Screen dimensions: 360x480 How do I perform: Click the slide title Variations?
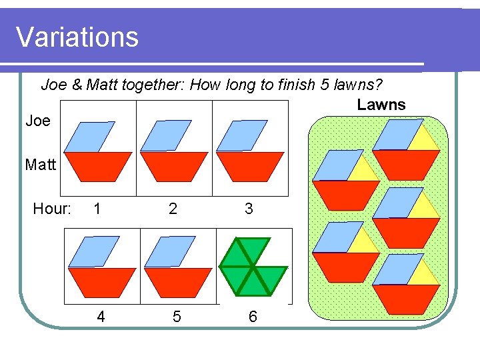77,37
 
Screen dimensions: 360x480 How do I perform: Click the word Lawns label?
381,105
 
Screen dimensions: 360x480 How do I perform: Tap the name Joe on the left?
38,121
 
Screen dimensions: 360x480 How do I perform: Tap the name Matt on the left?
41,164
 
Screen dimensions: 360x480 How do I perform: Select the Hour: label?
52,209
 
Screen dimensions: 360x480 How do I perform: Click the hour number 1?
97,209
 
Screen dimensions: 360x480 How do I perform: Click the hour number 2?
173,209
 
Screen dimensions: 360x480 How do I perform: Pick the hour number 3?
249,209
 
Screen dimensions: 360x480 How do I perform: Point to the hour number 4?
101,317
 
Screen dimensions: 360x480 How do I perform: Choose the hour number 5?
176,317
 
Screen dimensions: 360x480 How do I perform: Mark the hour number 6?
252,317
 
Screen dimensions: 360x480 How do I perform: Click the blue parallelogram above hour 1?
90,136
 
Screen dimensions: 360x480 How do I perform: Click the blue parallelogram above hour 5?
170,252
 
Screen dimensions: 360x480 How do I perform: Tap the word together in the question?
152,85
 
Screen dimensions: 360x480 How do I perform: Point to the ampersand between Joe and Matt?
77,85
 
